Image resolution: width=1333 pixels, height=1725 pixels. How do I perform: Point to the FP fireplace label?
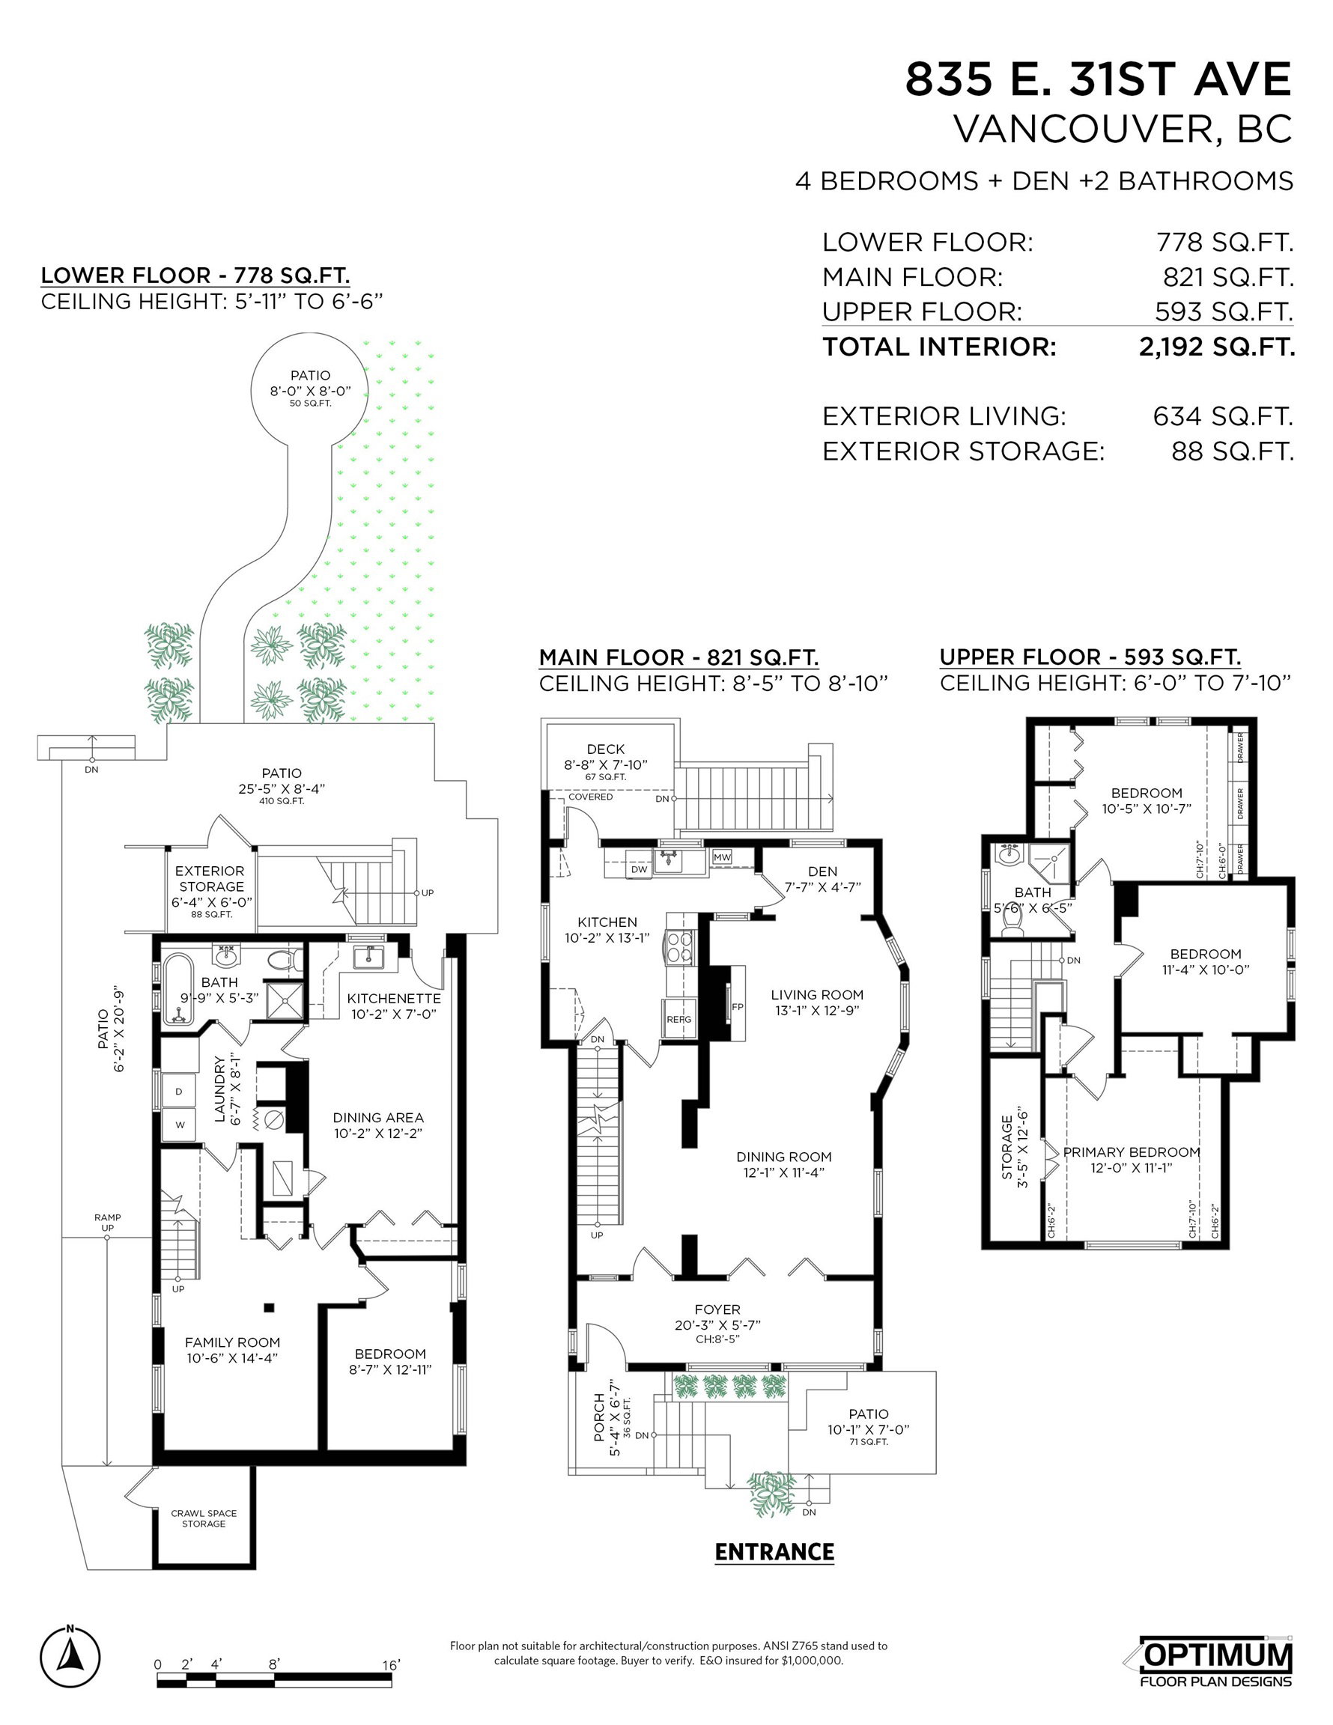(x=737, y=1007)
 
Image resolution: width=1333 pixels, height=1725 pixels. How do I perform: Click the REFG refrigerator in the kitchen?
(x=678, y=1019)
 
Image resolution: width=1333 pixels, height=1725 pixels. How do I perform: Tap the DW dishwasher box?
(x=640, y=868)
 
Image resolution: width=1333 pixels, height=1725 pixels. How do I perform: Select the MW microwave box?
(x=721, y=857)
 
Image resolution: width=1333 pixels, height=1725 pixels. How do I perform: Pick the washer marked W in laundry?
(x=180, y=1125)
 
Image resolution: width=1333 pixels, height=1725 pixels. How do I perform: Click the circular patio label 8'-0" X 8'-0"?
(x=311, y=390)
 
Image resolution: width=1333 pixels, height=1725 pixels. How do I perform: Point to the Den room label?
(x=822, y=871)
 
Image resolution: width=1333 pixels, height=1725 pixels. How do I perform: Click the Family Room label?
(x=232, y=1342)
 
